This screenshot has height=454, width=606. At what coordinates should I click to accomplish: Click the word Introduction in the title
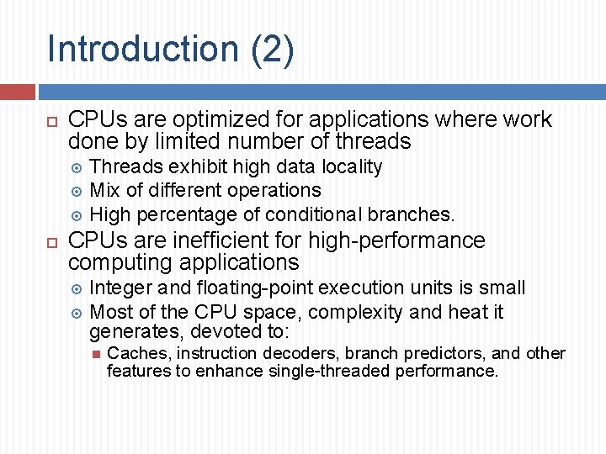pos(144,48)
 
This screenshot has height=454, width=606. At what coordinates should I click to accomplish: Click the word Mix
pos(104,190)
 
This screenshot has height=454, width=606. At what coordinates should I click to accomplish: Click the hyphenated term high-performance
pos(396,240)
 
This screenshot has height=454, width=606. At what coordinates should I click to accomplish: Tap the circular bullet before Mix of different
pos(77,191)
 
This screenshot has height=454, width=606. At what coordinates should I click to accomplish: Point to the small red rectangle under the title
pos(17,91)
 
